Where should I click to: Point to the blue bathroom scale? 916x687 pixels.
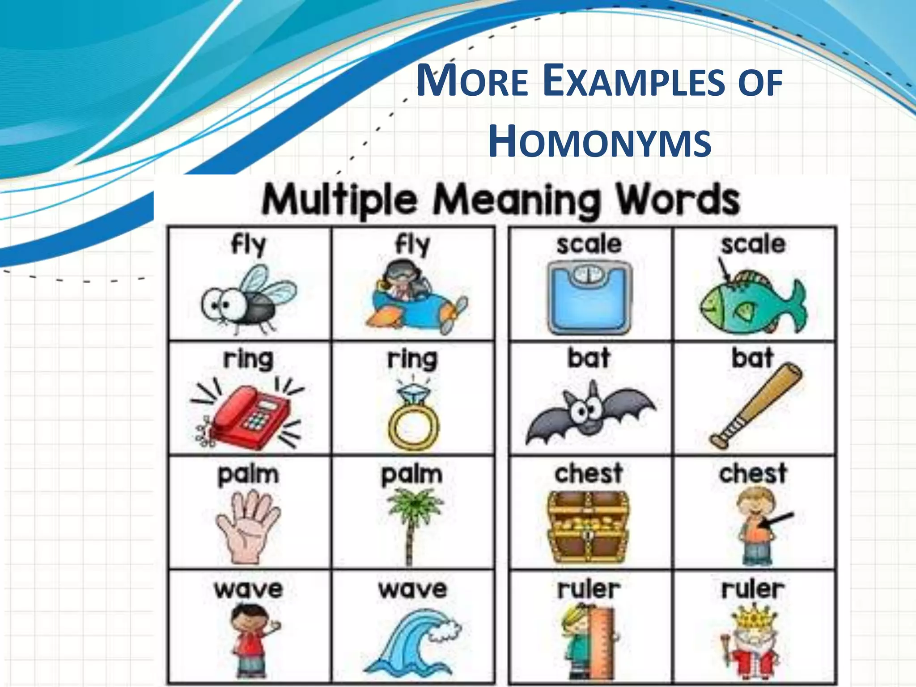[589, 297]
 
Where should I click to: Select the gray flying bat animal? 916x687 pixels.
[589, 411]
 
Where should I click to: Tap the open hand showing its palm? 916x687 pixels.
[248, 526]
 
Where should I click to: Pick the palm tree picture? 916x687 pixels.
[412, 523]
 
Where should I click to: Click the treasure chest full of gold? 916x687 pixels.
[589, 528]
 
